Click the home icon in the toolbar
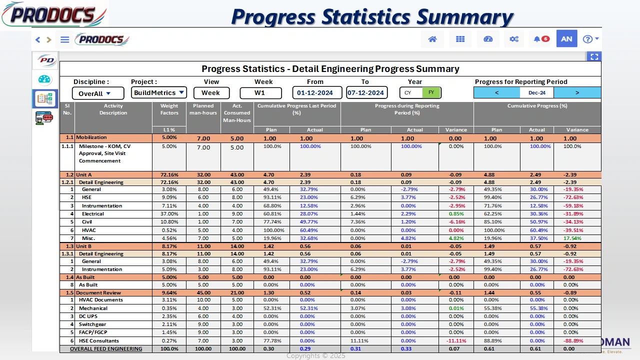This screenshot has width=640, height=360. coord(432,39)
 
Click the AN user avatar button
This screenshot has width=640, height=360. coord(566,39)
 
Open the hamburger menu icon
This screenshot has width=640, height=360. coord(64,39)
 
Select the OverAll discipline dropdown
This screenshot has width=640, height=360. coord(98,93)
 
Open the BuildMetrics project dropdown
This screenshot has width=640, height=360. coord(159,92)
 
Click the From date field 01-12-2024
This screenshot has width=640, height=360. coord(317,93)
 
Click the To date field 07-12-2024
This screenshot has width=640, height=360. coord(366,93)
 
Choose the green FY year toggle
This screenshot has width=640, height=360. coord(431,93)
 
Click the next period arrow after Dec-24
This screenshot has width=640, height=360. coord(577,92)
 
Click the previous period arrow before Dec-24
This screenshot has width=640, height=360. coord(496,92)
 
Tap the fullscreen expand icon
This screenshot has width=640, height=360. coord(594,57)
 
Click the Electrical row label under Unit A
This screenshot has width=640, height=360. coord(93,214)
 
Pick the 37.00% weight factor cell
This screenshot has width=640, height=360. coord(169,214)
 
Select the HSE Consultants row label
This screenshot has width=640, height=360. coord(98,340)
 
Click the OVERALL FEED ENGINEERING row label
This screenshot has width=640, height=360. coord(106,349)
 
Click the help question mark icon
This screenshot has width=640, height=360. coord(588,39)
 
